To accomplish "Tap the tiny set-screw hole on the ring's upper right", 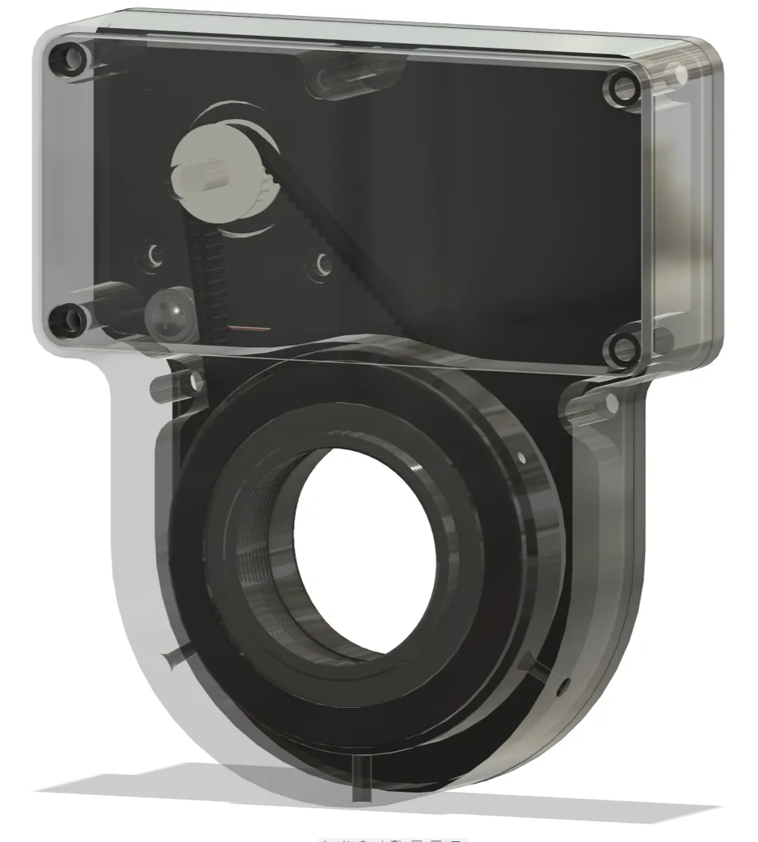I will point(522,455).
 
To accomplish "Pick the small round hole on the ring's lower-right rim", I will point(562,687).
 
